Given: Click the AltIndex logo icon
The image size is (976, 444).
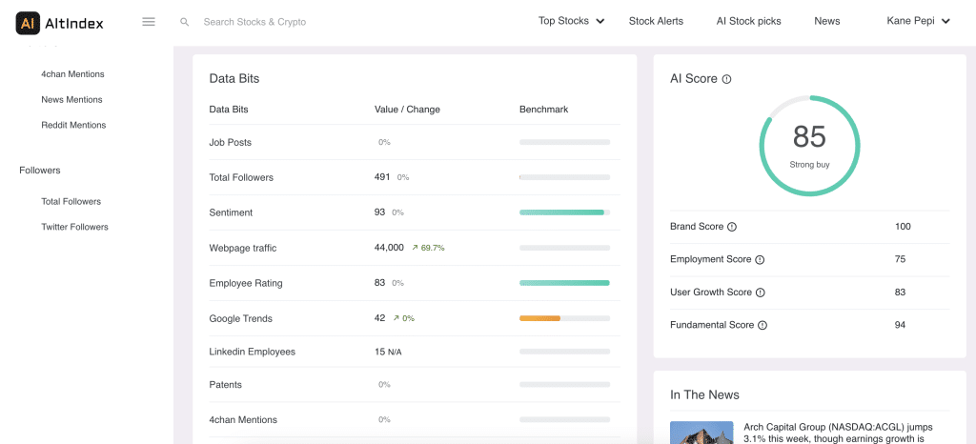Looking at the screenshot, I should (x=28, y=22).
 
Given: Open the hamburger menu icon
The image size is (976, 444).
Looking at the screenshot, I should (x=149, y=22).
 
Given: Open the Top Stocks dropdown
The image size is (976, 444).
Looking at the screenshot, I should (x=571, y=21).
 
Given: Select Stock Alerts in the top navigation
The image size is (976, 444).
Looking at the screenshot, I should (x=656, y=21).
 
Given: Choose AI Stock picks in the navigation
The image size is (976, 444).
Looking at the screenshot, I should (x=748, y=21).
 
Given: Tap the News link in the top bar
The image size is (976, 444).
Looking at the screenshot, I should (x=826, y=21).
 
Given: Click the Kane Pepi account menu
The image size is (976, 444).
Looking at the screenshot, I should (x=918, y=21).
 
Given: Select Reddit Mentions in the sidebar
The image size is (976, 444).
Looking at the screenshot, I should (x=73, y=125).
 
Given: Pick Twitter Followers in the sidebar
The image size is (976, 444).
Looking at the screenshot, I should (x=74, y=227).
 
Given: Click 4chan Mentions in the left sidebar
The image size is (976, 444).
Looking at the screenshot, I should (x=72, y=74).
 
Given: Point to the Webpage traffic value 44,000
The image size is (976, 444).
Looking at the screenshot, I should (x=389, y=248).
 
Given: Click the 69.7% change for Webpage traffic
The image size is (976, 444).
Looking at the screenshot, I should (x=432, y=248).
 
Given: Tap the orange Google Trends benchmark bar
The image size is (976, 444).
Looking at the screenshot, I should (x=539, y=318).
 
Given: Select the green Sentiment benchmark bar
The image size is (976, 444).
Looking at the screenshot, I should (x=561, y=212).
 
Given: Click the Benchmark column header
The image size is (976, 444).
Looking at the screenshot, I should (x=543, y=110).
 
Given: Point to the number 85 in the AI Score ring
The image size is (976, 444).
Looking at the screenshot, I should (x=809, y=137).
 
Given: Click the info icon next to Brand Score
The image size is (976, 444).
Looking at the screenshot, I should (x=732, y=227).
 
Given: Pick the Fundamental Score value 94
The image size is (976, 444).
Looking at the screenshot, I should (x=900, y=325).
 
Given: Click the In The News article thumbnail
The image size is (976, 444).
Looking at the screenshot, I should (x=701, y=433).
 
